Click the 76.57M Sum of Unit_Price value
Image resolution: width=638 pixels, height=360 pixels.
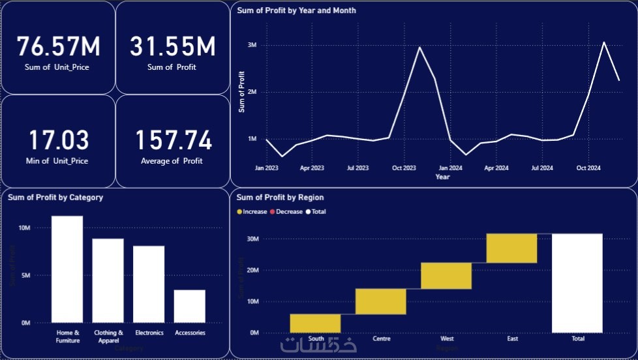[x=58, y=47]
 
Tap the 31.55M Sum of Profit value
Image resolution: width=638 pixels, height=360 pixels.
[x=172, y=47]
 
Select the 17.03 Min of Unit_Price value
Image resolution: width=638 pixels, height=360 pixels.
[x=58, y=141]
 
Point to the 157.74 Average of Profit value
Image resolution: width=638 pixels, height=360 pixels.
[x=173, y=141]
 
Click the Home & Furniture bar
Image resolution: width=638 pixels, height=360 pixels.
[x=67, y=269]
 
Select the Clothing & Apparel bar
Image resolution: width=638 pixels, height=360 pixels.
[x=108, y=280]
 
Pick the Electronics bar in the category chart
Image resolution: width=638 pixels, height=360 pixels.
[x=149, y=284]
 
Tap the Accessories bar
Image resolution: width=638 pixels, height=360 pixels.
[x=189, y=306]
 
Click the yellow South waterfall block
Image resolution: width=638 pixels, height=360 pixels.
[x=316, y=323]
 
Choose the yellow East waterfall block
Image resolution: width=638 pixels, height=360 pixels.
[x=511, y=248]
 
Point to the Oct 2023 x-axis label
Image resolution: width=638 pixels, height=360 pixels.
[x=404, y=168]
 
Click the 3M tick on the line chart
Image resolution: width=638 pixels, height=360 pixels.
[x=252, y=45]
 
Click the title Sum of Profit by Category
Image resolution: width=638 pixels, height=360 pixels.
[x=55, y=197]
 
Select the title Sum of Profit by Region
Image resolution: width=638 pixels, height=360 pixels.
[x=280, y=197]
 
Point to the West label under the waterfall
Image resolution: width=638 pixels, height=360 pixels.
[x=447, y=339]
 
